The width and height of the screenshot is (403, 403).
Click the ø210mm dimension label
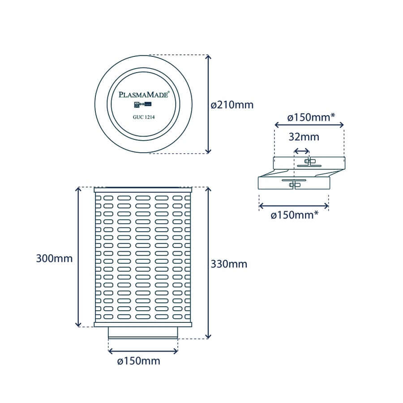232,105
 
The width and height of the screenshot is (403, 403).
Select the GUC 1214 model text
144,117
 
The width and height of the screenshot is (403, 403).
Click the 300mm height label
54,258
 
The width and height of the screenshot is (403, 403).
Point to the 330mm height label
229,264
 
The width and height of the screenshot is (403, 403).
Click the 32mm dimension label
304,137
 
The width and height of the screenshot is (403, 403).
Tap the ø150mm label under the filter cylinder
138,361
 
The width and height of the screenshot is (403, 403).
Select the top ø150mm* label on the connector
311,117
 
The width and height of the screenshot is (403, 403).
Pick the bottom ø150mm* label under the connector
295,215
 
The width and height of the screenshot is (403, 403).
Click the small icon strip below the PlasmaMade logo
143,104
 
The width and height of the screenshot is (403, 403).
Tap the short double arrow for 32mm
301,151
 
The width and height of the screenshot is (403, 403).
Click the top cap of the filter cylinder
143,190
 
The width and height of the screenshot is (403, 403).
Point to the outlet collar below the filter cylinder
143,333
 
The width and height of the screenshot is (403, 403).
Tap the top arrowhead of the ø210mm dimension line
208,57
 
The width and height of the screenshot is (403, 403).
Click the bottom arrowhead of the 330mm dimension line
208,336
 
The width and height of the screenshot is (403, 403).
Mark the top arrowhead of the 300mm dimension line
78,190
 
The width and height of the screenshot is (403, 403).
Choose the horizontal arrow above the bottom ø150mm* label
294,206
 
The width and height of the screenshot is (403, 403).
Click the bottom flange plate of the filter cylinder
143,324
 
